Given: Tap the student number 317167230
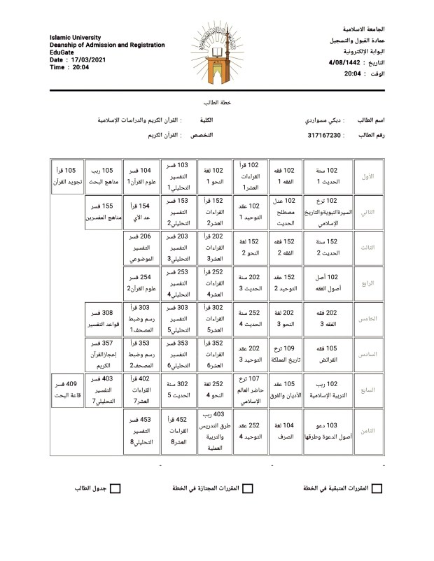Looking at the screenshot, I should click(x=324, y=135).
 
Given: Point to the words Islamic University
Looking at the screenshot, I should click(x=76, y=37).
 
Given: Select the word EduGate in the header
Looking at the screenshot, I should click(x=63, y=52).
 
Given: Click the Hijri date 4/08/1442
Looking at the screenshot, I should click(x=346, y=63).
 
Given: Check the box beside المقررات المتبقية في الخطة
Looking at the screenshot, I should click(x=377, y=488).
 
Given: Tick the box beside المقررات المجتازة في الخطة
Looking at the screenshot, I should click(x=250, y=488).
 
